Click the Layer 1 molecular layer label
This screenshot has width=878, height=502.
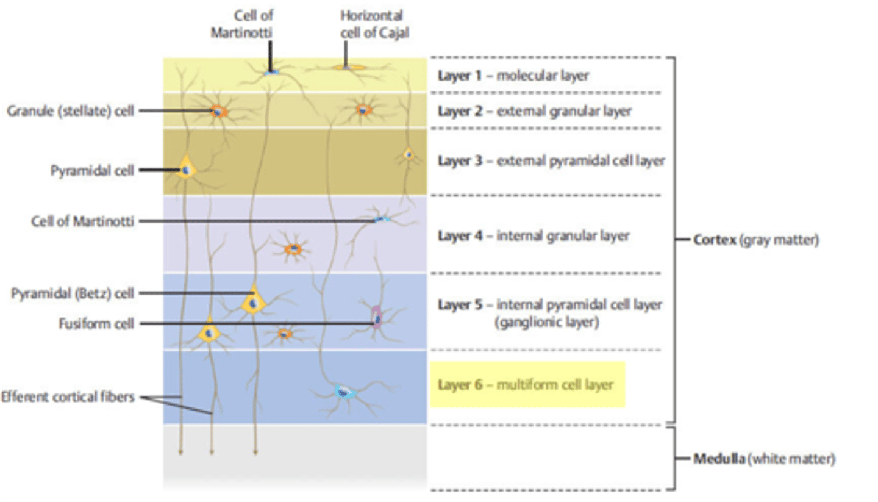tap(513, 76)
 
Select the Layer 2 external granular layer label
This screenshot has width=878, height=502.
tap(534, 112)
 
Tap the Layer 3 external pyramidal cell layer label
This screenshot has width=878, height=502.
tap(551, 161)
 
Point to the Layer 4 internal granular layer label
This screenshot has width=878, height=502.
tap(533, 235)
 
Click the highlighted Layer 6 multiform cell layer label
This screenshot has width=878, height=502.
tap(527, 385)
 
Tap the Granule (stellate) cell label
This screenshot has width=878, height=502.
tap(70, 111)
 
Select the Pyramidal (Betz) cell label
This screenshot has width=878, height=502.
tap(72, 293)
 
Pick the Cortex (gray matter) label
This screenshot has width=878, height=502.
tap(756, 240)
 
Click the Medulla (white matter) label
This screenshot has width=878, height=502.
tap(763, 459)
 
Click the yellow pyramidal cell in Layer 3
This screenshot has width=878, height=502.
tap(185, 167)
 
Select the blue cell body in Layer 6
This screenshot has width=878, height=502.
tap(345, 392)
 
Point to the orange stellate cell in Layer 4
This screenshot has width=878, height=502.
tap(294, 249)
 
